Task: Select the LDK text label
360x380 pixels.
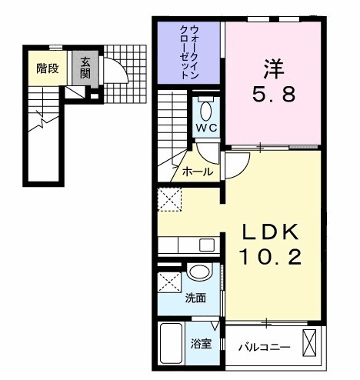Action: click(x=272, y=232)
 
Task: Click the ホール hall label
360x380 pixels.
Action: click(x=197, y=172)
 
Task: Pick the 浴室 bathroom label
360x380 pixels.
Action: click(x=202, y=345)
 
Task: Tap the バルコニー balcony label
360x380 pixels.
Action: click(x=263, y=348)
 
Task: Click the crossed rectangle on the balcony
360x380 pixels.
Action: click(x=310, y=341)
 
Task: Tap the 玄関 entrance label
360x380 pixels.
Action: click(x=84, y=68)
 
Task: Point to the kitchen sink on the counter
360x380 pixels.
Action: click(x=206, y=245)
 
